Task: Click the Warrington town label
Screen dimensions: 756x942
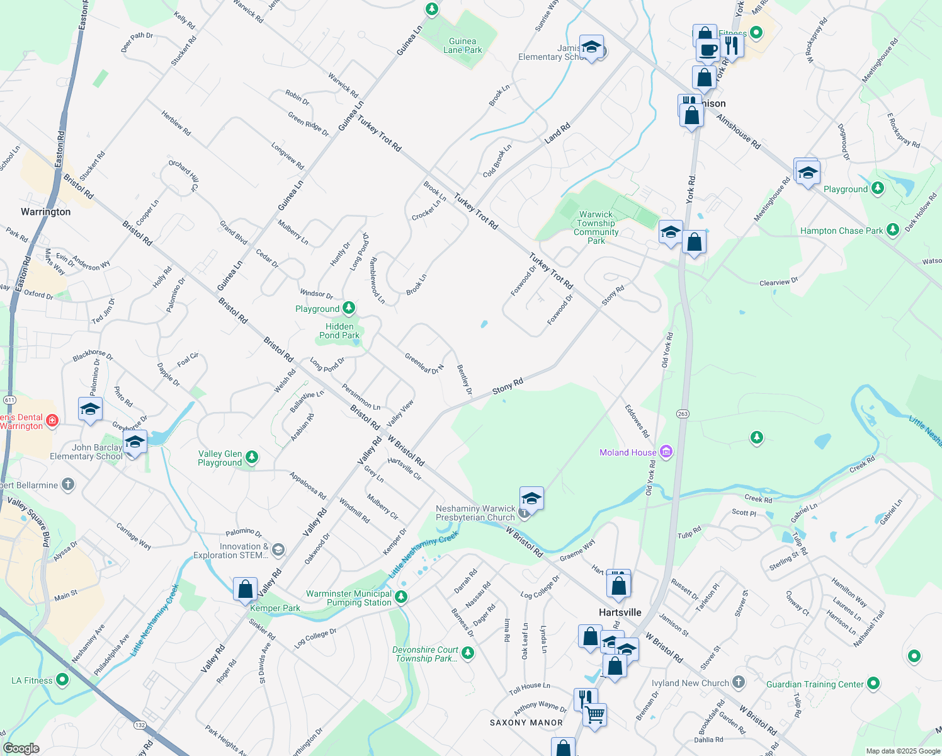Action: coord(45,212)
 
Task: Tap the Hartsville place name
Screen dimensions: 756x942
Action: coord(620,612)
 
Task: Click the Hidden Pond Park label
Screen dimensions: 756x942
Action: coord(339,331)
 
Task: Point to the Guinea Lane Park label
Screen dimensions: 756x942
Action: coord(462,45)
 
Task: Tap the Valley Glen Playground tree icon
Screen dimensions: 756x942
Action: coord(252,457)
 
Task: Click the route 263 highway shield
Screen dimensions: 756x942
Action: coord(683,414)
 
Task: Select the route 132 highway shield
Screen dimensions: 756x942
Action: coord(140,725)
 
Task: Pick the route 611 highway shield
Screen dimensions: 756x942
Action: coord(9,400)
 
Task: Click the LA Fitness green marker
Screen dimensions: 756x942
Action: coord(62,679)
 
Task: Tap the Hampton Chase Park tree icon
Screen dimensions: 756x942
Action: coord(892,230)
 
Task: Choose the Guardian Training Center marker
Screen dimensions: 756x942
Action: coord(873,683)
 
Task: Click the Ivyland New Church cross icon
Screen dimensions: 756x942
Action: coord(739,682)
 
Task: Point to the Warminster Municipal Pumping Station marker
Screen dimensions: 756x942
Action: coord(401,597)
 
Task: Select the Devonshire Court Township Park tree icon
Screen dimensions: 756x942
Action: coord(467,652)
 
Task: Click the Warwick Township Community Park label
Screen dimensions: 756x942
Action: coord(596,227)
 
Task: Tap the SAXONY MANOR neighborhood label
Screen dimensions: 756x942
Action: coord(526,723)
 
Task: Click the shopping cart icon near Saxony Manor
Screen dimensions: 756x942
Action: coord(594,715)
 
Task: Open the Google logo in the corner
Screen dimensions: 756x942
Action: coord(21,748)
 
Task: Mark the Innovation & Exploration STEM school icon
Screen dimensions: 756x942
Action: coord(278,550)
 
